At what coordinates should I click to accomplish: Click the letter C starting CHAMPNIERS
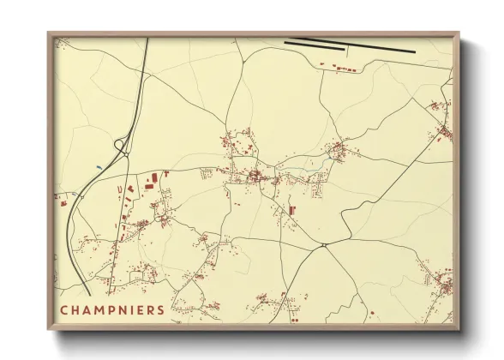click(x=63, y=309)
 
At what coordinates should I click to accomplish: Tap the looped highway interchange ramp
click(x=120, y=147)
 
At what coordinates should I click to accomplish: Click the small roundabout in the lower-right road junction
click(x=325, y=246)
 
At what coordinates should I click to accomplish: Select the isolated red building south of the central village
click(x=291, y=210)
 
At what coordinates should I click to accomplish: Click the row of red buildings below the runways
click(x=339, y=65)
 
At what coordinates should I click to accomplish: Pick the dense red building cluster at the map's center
click(x=255, y=177)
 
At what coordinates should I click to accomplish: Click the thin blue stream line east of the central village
click(x=329, y=159)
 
